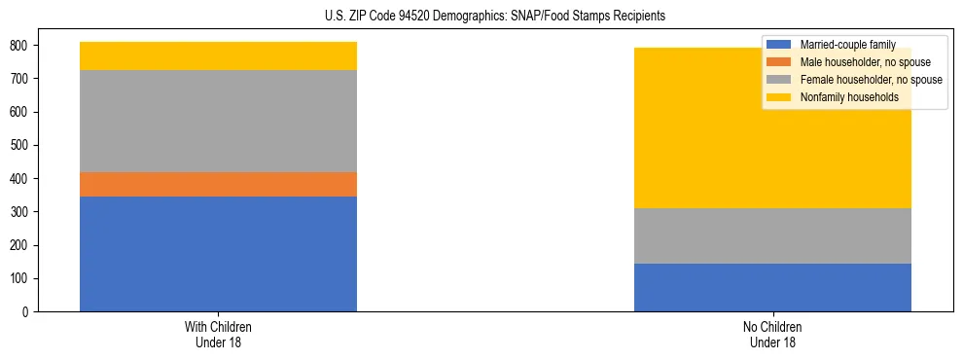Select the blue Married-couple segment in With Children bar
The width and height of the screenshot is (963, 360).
[218, 254]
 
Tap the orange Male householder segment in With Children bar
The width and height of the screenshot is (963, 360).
[218, 184]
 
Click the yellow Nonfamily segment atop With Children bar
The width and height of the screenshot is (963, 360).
[218, 55]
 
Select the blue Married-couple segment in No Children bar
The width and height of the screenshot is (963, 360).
[772, 287]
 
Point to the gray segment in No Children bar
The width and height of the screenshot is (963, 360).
[772, 235]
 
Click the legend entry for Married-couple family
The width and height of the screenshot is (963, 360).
[846, 45]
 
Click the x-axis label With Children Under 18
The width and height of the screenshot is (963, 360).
[218, 334]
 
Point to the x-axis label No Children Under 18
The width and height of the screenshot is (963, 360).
[772, 334]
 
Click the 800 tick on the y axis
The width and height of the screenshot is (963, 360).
[21, 46]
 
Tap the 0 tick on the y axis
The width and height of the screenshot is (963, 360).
[29, 312]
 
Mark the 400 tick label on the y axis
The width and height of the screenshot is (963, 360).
[21, 179]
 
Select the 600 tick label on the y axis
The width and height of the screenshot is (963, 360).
[21, 112]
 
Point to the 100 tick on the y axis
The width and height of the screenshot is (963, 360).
[21, 279]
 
